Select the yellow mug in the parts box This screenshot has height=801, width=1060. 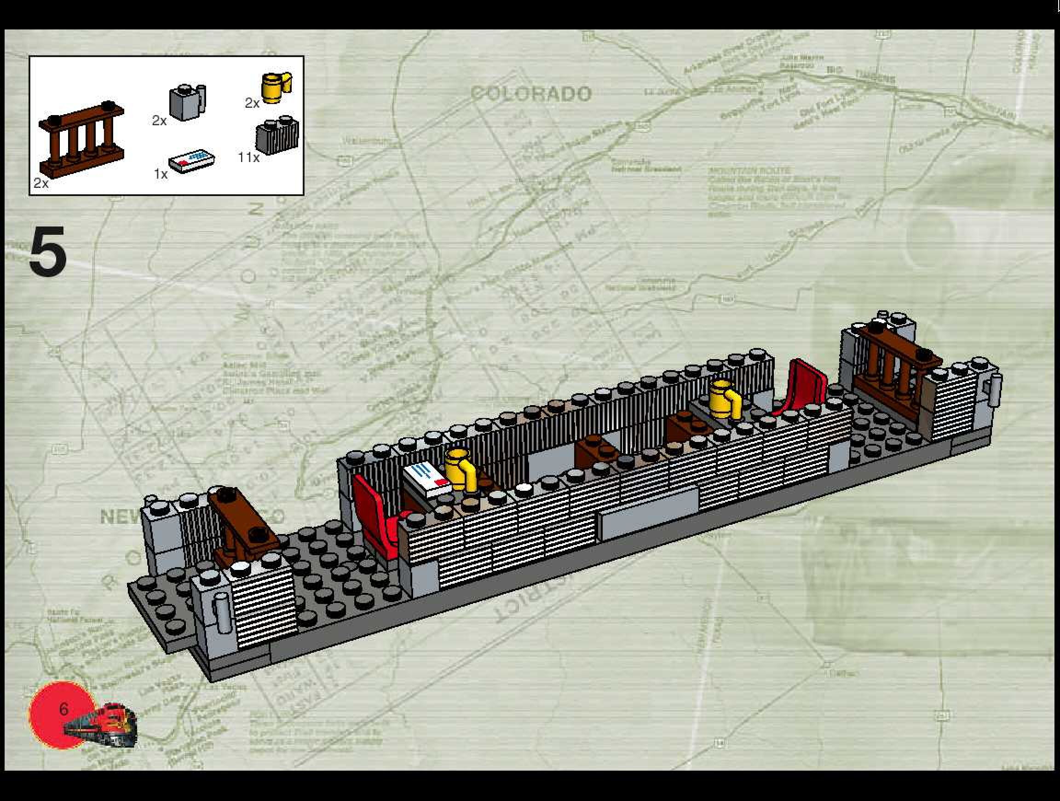pyautogui.click(x=276, y=87)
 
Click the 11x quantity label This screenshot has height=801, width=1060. pyautogui.click(x=249, y=157)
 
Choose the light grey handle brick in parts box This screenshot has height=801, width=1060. pyautogui.click(x=187, y=102)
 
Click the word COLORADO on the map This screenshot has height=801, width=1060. pyautogui.click(x=530, y=93)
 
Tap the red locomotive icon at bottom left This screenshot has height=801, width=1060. pyautogui.click(x=103, y=724)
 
